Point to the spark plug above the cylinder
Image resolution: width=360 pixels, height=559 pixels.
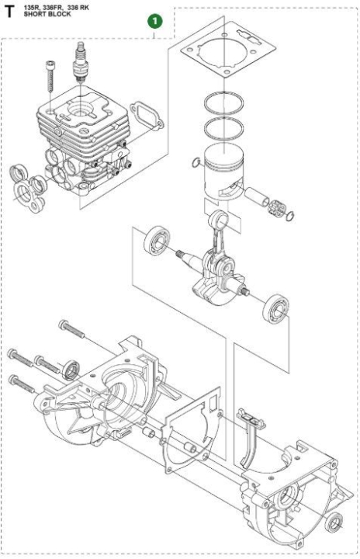[x=78, y=60]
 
